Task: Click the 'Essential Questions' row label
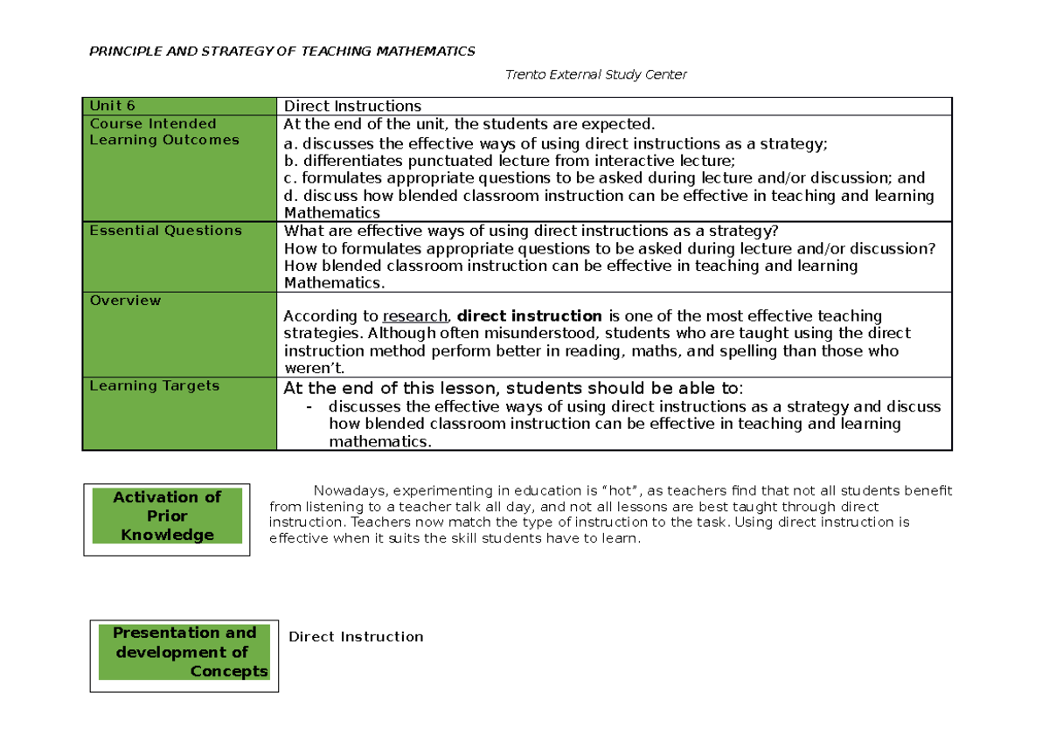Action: click(x=166, y=231)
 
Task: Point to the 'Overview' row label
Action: click(x=126, y=301)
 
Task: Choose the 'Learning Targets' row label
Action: click(x=155, y=385)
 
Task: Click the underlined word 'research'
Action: click(x=416, y=316)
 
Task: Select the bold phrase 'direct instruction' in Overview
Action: click(x=530, y=316)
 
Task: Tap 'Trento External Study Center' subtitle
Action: click(x=596, y=74)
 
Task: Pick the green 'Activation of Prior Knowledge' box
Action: click(x=167, y=516)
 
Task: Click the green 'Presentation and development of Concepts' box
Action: click(x=184, y=652)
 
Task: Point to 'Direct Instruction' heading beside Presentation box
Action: click(x=356, y=637)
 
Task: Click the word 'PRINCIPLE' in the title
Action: click(x=122, y=51)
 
